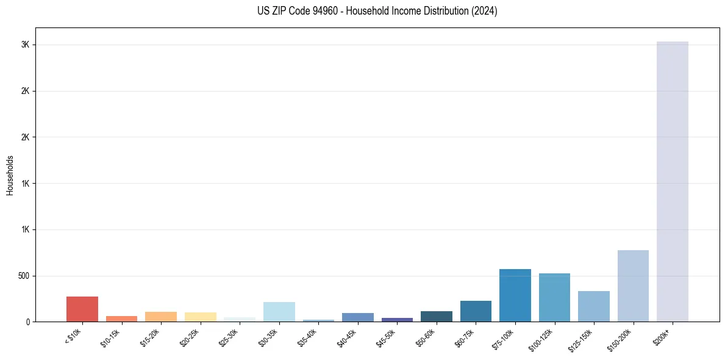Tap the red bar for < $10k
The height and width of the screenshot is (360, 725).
82,309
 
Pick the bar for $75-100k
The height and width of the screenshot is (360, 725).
515,295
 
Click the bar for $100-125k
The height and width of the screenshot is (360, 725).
554,297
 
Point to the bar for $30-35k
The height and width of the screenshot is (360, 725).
279,312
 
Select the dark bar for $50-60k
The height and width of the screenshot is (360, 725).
436,316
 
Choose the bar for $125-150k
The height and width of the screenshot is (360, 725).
593,306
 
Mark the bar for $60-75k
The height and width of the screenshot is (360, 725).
476,311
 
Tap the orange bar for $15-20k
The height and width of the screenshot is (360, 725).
160,317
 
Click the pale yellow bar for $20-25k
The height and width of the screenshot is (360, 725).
200,317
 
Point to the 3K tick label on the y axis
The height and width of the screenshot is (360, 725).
24,45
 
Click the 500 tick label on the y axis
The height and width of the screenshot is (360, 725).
22,276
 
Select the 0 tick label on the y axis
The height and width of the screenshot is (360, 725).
28,322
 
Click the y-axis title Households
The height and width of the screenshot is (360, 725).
10,175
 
